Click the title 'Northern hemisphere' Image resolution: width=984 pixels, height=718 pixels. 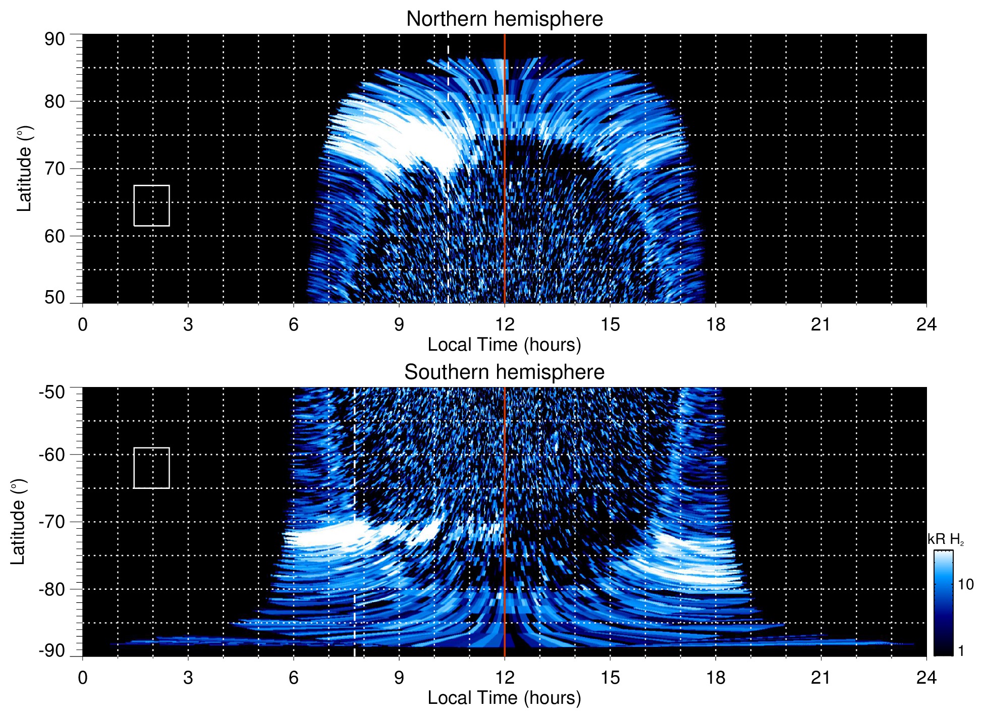504,19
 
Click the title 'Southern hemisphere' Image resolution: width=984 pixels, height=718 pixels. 504,372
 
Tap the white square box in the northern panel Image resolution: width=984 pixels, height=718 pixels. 151,205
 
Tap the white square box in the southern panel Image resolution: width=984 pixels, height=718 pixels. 151,468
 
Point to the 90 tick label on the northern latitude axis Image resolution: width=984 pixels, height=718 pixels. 54,39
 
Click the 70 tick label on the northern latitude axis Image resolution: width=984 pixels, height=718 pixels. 54,169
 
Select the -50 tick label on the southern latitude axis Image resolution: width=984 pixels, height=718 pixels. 52,392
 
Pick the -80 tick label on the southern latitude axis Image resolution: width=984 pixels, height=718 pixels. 52,589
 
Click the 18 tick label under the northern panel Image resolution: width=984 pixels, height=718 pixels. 716,324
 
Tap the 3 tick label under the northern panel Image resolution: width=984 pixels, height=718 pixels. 188,324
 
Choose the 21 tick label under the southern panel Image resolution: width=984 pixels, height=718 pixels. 821,678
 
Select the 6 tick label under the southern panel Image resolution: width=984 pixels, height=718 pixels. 294,678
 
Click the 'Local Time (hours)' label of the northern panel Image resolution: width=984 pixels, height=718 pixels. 504,345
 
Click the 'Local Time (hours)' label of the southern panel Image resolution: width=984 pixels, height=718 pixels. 504,698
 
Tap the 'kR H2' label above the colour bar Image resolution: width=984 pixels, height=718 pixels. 945,539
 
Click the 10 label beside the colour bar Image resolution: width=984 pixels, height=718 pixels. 965,584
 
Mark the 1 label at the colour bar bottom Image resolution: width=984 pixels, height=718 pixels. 961,651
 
